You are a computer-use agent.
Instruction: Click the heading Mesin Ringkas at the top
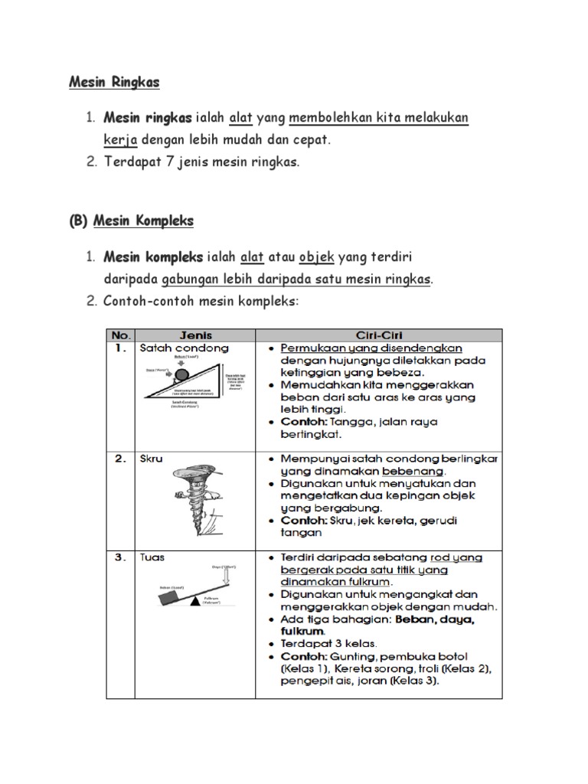(114, 81)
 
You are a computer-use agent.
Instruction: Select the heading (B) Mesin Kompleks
(131, 221)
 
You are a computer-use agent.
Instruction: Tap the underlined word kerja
(120, 140)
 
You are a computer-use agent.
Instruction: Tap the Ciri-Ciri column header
(380, 335)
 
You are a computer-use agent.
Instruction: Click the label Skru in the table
(151, 459)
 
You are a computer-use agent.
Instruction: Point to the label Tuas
(152, 558)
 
